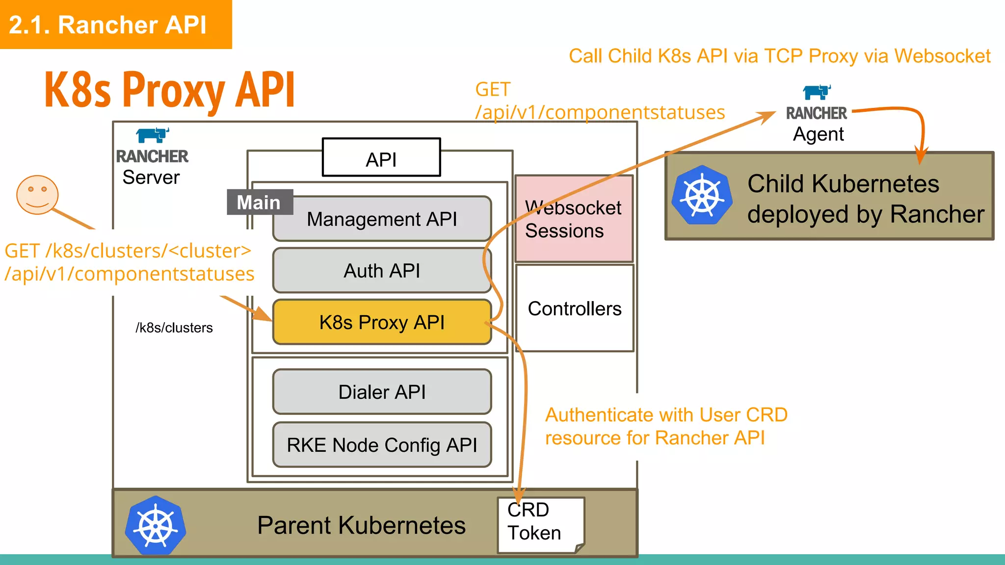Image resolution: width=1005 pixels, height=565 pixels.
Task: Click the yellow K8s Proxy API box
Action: pyautogui.click(x=382, y=322)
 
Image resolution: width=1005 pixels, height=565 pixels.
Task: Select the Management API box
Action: pyautogui.click(x=382, y=219)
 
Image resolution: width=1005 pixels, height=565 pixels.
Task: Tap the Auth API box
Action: pyautogui.click(x=382, y=271)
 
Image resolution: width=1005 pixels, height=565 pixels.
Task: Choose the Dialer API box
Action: pyautogui.click(x=382, y=392)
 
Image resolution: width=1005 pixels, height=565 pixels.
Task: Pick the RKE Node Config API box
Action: pyautogui.click(x=382, y=445)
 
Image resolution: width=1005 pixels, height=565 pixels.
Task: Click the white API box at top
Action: pyautogui.click(x=381, y=158)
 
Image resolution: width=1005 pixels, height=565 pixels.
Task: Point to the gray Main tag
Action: pyautogui.click(x=259, y=202)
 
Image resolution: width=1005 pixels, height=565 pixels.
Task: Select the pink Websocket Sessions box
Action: pyautogui.click(x=573, y=219)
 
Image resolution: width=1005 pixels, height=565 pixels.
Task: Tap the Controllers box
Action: pyautogui.click(x=574, y=308)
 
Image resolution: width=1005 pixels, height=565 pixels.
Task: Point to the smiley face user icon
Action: pyautogui.click(x=37, y=195)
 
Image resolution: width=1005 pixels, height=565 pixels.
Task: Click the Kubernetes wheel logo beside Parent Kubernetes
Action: pyautogui.click(x=156, y=526)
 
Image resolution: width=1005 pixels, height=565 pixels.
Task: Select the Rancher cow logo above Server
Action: pyautogui.click(x=153, y=135)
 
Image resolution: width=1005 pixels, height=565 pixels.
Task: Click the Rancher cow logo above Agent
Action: pyautogui.click(x=817, y=92)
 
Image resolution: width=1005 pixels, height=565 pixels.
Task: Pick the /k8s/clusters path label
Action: pyautogui.click(x=174, y=328)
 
